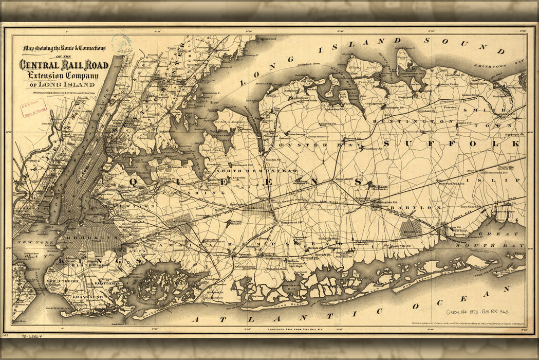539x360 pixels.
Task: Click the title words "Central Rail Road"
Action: click(64, 65)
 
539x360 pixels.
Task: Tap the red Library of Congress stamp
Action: click(33, 107)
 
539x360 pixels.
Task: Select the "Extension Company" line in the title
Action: click(61, 75)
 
